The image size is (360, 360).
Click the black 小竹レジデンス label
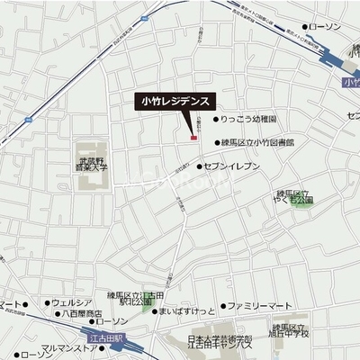177,102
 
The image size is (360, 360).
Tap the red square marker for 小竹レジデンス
192,138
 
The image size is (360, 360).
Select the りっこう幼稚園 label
248,118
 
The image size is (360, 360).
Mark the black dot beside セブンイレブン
201,166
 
